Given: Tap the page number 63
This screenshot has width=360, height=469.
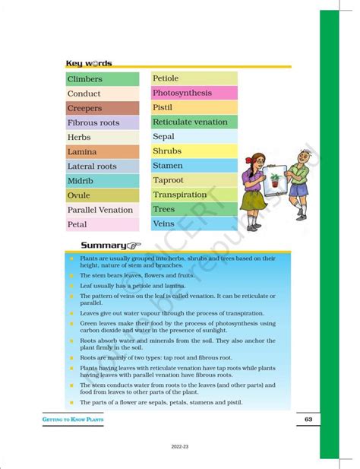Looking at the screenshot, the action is click(308, 420).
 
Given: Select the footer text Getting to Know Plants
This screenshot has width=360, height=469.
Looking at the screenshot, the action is click(73, 420).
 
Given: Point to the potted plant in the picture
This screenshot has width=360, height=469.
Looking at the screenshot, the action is click(274, 180).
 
